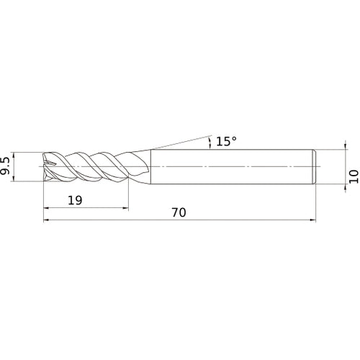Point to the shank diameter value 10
point(352,176)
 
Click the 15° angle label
point(225,142)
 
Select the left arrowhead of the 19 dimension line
point(47,209)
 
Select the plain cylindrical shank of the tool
point(230,166)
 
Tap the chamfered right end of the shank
point(314,166)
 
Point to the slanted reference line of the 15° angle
point(180,140)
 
